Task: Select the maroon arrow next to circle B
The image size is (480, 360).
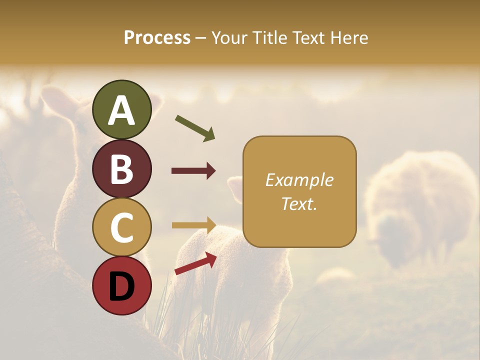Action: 194,171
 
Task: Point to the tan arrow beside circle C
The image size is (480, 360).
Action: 194,225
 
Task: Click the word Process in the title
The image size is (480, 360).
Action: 157,38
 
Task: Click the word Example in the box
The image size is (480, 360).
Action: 299,180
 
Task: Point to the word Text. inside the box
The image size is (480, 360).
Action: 299,203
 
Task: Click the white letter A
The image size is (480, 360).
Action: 121,111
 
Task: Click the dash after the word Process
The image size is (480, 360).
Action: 201,38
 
